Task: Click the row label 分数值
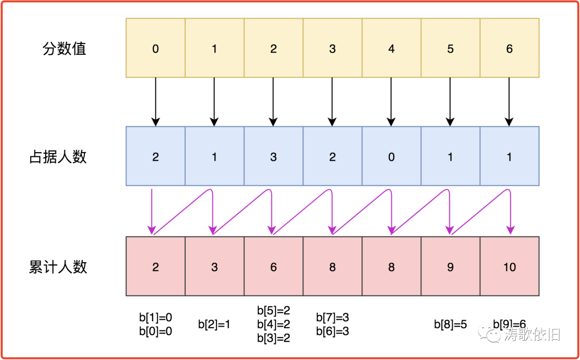pos(64,49)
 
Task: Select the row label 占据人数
pos(57,157)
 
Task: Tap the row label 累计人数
pos(57,267)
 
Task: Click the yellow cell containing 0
pos(156,48)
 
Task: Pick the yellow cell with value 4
pos(392,48)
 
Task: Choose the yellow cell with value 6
pos(509,48)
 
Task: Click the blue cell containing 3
pos(273,157)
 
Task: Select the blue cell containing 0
pos(392,157)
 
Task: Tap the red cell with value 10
pos(509,267)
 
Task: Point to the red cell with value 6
pos(273,267)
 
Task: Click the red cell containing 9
pos(450,267)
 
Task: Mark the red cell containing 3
pos(214,267)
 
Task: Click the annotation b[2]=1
pos(214,325)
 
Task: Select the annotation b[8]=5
pos(450,325)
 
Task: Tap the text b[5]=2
pos(273,311)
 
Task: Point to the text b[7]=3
pos(332,318)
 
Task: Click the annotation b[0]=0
pos(156,332)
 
